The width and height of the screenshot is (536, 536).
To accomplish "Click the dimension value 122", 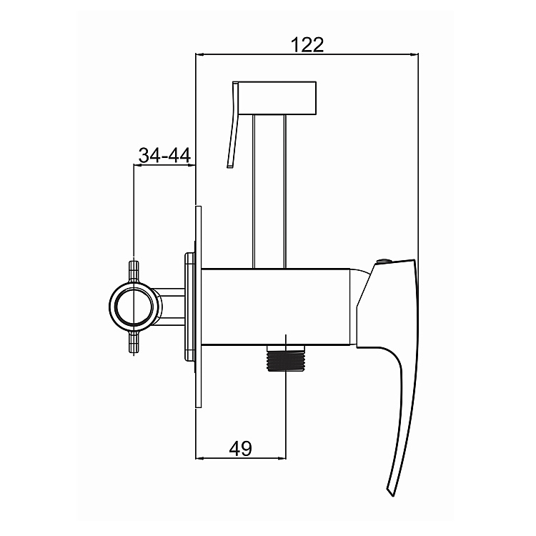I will [x=307, y=44].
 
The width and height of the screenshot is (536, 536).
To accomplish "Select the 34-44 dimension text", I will [x=164, y=155].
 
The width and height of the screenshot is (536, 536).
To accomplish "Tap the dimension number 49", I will [x=240, y=448].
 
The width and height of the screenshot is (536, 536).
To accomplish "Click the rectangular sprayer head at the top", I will [x=277, y=98].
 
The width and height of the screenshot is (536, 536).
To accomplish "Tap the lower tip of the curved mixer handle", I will [x=389, y=490].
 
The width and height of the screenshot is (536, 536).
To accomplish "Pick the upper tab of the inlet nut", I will [x=133, y=269].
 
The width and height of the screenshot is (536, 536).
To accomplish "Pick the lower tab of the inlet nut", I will [x=133, y=344].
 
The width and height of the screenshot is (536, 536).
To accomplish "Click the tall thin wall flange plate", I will [x=199, y=307].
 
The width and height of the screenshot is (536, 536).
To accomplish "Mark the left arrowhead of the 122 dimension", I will [x=199, y=55].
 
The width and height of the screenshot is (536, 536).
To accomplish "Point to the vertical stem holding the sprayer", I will [x=271, y=189].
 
